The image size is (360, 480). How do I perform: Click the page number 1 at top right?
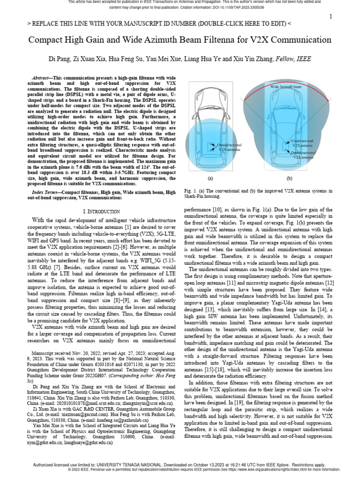tap(330, 17)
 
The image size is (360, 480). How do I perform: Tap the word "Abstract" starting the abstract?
tap(41, 77)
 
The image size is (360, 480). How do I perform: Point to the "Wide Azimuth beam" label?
tap(286, 87)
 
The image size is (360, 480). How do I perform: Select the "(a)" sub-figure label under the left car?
tap(210, 178)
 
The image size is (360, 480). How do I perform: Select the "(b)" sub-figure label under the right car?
tap(289, 178)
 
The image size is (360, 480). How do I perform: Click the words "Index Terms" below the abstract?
tap(46, 193)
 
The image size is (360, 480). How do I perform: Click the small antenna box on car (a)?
tap(211, 147)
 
